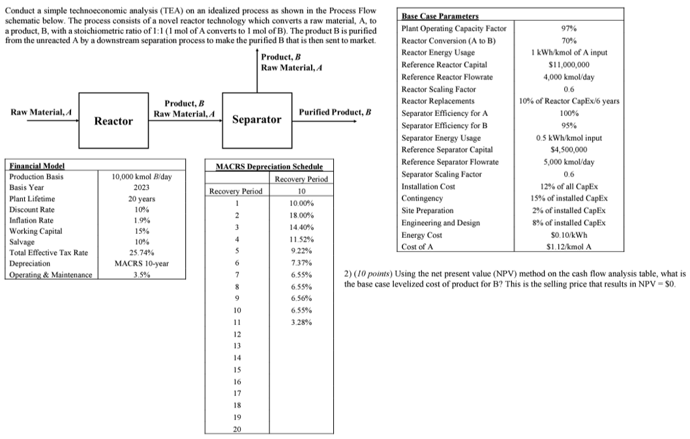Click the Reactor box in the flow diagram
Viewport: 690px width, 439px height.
coord(113,120)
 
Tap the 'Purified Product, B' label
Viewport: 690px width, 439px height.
coord(335,112)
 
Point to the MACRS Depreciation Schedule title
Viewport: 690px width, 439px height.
coord(269,167)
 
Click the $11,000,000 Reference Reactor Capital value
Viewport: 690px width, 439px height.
coord(569,64)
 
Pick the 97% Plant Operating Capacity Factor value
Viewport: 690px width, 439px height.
coord(569,29)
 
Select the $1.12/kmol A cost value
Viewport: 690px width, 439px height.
coord(569,246)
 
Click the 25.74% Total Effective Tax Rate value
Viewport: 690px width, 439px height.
coord(142,252)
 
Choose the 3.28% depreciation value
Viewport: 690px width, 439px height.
coord(301,322)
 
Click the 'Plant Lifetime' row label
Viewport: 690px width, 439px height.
coord(32,199)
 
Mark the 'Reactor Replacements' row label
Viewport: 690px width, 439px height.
coord(438,102)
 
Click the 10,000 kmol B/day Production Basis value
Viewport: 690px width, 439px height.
coord(142,177)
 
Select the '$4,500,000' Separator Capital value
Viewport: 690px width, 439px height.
coord(569,150)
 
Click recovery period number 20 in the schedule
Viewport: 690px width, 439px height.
coord(237,429)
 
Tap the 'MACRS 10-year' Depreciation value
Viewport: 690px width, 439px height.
coord(142,263)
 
